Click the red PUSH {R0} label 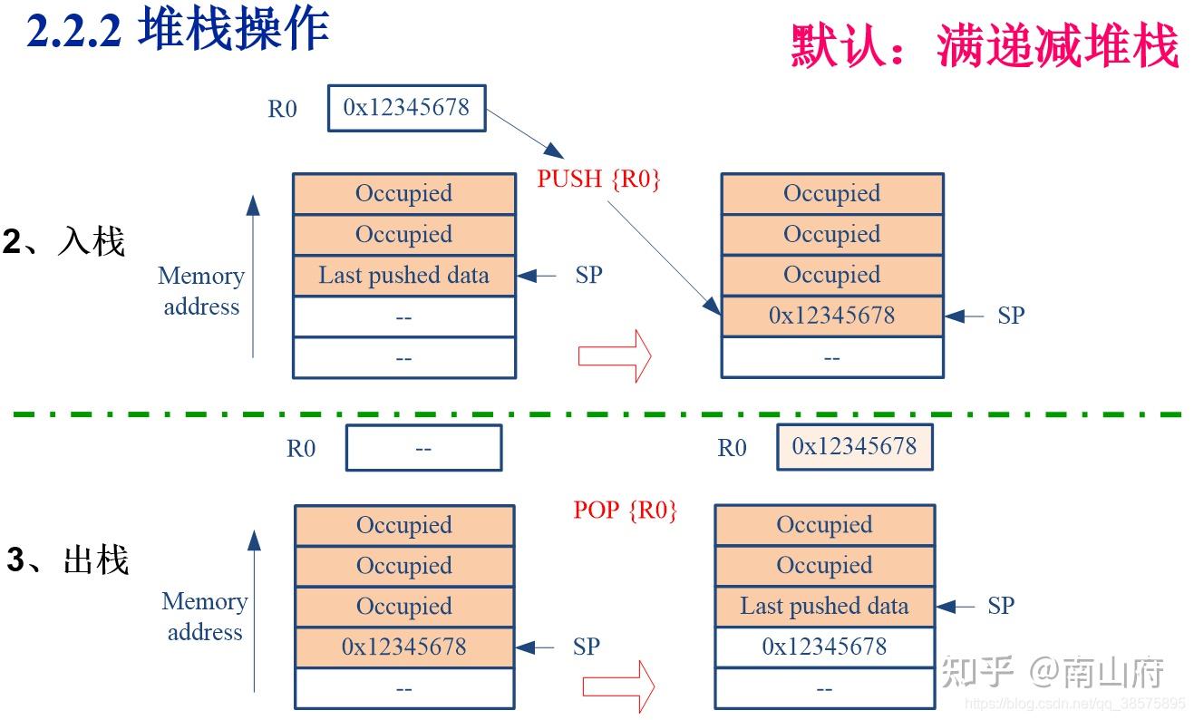(x=598, y=179)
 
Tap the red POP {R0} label (x=625, y=510)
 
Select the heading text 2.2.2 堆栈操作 (x=178, y=30)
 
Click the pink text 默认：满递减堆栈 (x=985, y=45)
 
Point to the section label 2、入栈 (x=63, y=242)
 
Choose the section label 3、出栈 (x=68, y=559)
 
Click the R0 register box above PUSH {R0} (x=405, y=108)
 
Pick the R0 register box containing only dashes (x=423, y=448)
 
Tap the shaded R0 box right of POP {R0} (x=854, y=446)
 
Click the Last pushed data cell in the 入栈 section (x=403, y=276)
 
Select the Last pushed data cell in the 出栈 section (x=824, y=606)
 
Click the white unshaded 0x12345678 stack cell (x=824, y=647)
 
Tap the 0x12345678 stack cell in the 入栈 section (x=831, y=316)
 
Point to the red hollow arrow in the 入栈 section (x=615, y=355)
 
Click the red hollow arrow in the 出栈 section (x=618, y=686)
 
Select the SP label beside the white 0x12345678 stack (x=1000, y=606)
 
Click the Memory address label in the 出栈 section (x=205, y=617)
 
